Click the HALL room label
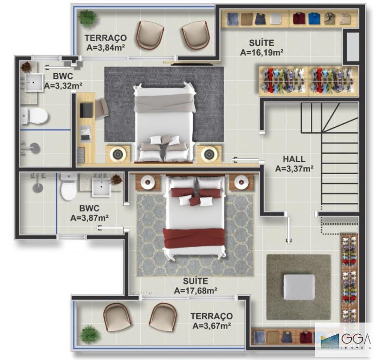(294, 159)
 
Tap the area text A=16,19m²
(262, 52)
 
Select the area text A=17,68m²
(195, 290)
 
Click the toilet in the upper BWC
(35, 116)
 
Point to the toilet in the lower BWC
(69, 186)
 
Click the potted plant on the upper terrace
(87, 17)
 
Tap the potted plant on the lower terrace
(90, 334)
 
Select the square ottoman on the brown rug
(299, 287)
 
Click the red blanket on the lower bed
(194, 239)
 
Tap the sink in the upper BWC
(34, 83)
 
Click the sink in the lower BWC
(101, 187)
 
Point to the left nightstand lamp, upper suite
(118, 154)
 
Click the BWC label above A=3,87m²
(89, 208)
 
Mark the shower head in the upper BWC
(34, 148)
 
